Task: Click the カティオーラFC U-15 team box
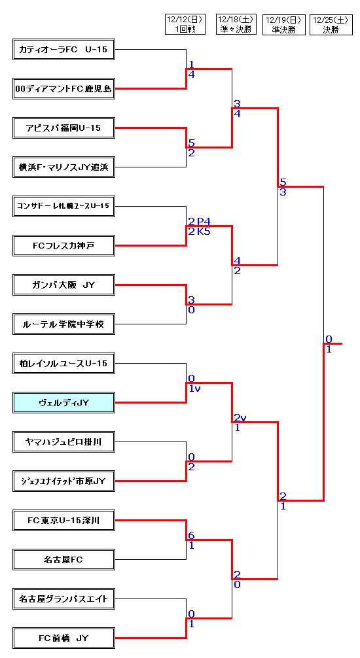[64, 50]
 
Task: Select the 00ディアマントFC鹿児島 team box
[64, 88]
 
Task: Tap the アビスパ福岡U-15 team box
[64, 128]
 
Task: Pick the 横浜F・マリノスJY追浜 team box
[64, 167]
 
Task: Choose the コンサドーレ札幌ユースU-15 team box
[64, 207]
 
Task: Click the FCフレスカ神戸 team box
[64, 245]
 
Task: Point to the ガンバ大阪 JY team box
[64, 285]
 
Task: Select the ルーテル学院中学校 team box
[64, 324]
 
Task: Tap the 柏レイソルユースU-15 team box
[64, 364]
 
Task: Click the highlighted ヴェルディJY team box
[64, 402]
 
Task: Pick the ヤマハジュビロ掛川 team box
[64, 442]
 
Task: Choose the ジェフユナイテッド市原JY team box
[64, 481]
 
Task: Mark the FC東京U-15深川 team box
[64, 521]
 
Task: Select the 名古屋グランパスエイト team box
[64, 599]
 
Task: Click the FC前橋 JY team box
[64, 638]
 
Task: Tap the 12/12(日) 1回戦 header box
[185, 24]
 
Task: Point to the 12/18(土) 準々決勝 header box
[236, 24]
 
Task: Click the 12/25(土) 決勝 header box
[330, 25]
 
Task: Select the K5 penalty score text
[204, 231]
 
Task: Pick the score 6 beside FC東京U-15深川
[191, 536]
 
